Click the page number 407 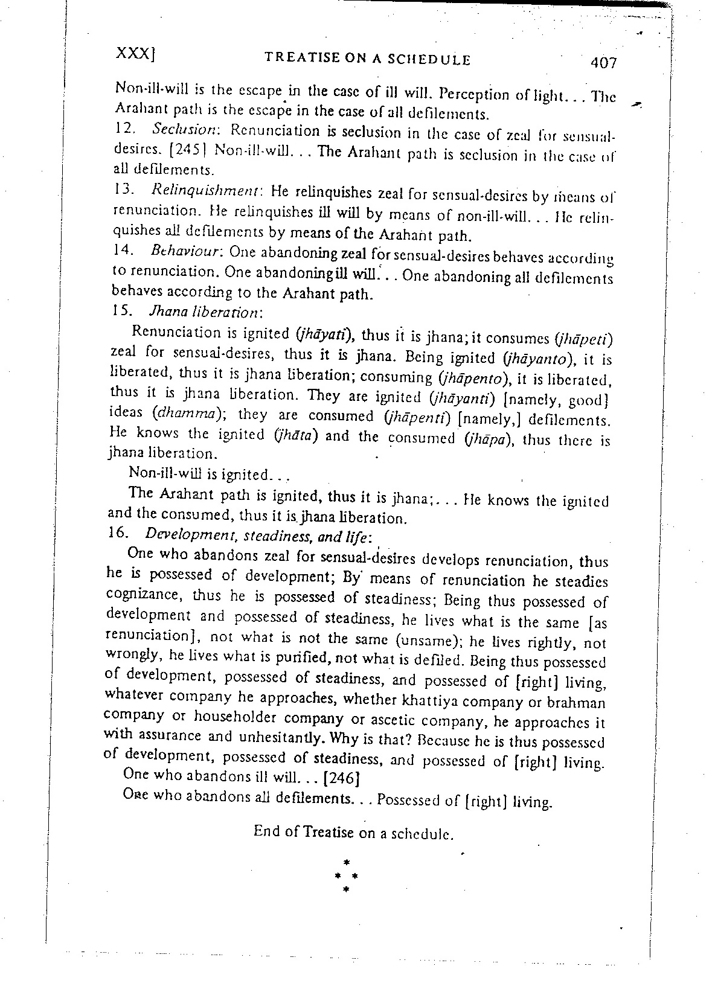tap(603, 63)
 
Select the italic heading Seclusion tap(179, 130)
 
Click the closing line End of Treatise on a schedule tap(353, 833)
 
